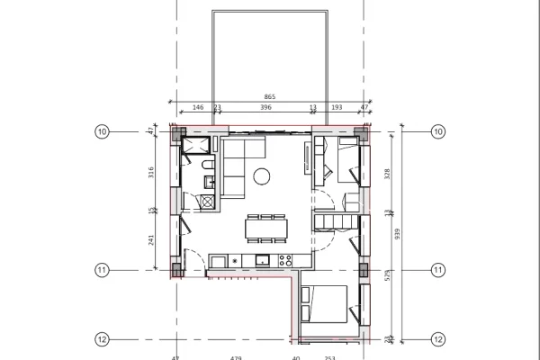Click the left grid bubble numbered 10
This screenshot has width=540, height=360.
coord(101,131)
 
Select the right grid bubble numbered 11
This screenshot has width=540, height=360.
coord(438,269)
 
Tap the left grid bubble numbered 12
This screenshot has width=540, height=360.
coord(101,339)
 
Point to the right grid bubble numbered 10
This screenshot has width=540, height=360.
coord(438,131)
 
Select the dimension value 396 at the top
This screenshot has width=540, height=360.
coord(266,106)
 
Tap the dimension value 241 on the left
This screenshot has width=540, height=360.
coord(151,240)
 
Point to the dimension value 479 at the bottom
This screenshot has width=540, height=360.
coord(236,357)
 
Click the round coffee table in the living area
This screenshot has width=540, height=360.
coord(263,175)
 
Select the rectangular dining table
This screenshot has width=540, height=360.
coord(265,228)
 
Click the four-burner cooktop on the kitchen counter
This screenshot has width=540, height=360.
coord(285,261)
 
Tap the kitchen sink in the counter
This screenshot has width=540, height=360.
coord(262,261)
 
